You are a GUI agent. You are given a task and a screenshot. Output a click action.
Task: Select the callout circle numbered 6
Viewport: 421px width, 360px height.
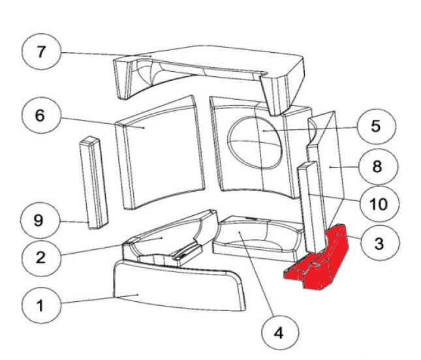tap(40, 117)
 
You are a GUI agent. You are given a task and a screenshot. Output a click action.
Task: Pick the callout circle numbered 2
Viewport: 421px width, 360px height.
tap(40, 257)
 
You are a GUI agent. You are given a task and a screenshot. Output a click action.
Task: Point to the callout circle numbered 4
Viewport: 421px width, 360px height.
tap(279, 333)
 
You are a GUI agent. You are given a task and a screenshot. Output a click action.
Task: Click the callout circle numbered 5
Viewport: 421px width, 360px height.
tap(375, 127)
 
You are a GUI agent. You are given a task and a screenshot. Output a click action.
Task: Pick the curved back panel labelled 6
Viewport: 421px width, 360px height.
tap(160, 157)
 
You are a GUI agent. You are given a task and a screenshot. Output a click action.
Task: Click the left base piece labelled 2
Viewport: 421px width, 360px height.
tap(163, 241)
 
